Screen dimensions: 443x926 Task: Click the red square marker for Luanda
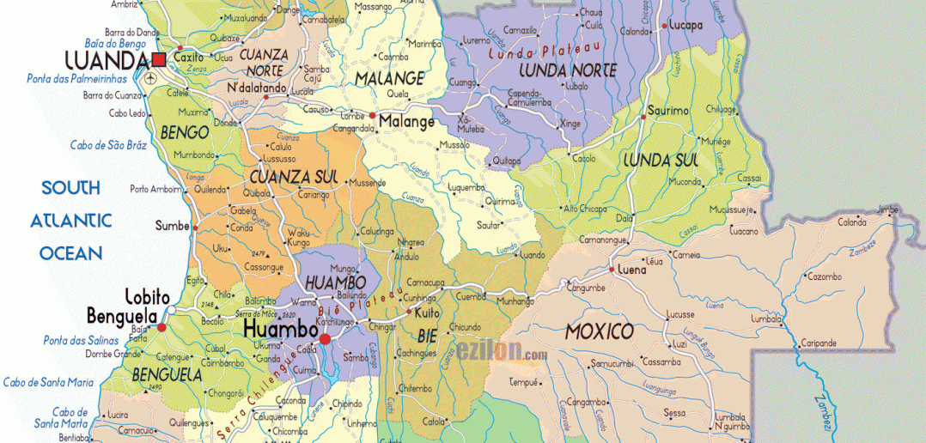click(x=159, y=59)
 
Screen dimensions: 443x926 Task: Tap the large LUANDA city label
click(x=107, y=60)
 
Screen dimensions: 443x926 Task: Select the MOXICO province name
click(x=600, y=331)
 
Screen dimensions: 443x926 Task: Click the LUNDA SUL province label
click(x=660, y=160)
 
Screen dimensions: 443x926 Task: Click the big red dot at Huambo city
click(x=325, y=340)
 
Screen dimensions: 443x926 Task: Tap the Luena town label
click(x=632, y=270)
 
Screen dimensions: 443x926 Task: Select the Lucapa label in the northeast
click(x=686, y=26)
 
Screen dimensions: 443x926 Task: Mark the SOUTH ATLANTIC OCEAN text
click(x=71, y=221)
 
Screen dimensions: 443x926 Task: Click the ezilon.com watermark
click(x=502, y=352)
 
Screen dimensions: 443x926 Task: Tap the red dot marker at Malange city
click(x=373, y=115)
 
